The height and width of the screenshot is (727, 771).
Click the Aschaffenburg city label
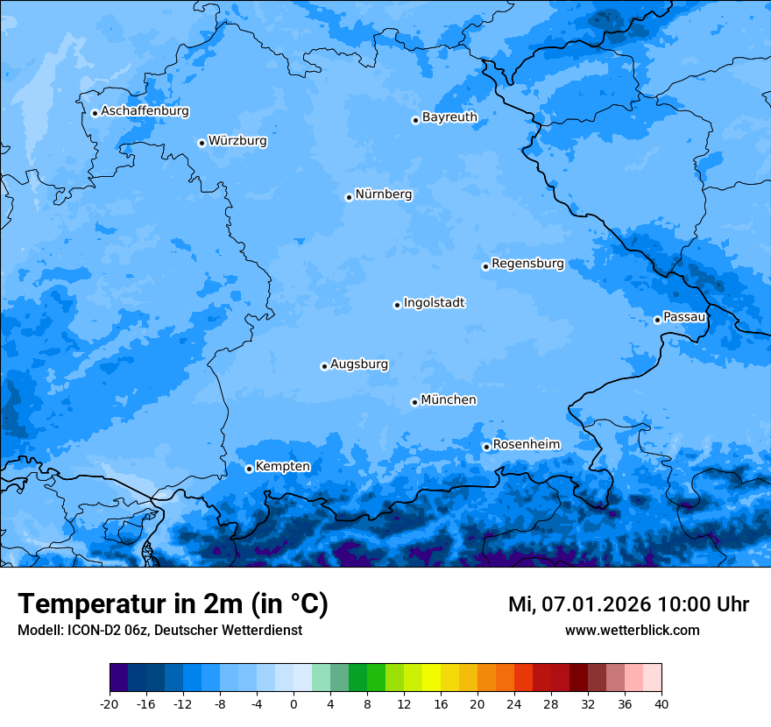point(145,111)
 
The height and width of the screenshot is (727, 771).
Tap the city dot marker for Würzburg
point(202,143)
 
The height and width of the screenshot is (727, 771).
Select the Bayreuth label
point(449,117)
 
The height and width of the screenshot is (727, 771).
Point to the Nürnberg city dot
point(349,197)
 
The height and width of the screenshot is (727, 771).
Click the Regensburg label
point(527,264)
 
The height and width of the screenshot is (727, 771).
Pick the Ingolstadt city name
point(434,303)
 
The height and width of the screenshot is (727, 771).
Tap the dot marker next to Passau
point(657,320)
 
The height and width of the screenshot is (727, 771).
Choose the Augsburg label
point(359,364)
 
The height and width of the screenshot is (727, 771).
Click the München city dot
point(414,402)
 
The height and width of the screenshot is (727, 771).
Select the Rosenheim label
point(526,445)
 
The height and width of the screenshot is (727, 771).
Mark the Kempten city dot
point(249,469)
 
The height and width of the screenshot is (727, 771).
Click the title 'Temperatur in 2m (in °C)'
point(173,604)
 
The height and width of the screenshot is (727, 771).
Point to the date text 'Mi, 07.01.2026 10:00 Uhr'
point(628,604)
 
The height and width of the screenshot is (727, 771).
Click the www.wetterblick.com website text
point(632,631)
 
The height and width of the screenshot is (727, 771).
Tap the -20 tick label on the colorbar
point(110,704)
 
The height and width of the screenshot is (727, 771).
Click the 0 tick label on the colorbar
point(294,704)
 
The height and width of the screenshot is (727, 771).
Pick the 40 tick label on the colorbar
point(661,704)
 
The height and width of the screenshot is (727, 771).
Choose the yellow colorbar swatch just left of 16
point(431,678)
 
